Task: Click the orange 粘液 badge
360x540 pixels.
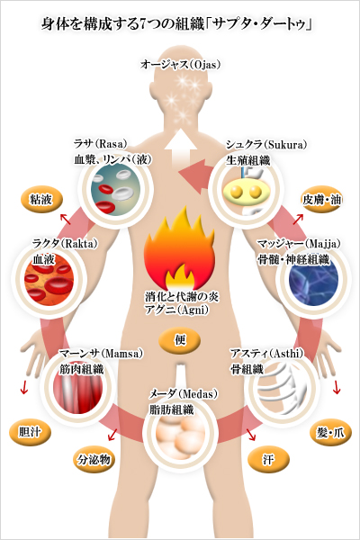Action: [41, 200]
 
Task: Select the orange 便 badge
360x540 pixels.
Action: [179, 340]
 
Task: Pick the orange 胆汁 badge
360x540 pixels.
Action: [30, 432]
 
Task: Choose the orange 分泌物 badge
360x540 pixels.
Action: [94, 460]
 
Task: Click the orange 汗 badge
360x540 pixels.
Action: [268, 460]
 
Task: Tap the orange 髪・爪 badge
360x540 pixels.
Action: [330, 432]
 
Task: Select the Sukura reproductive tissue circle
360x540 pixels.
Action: [245, 191]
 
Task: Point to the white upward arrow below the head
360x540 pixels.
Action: [180, 148]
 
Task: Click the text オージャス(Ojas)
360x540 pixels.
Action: [180, 65]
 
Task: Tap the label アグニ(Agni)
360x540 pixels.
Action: [176, 310]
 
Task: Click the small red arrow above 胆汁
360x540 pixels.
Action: [23, 387]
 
